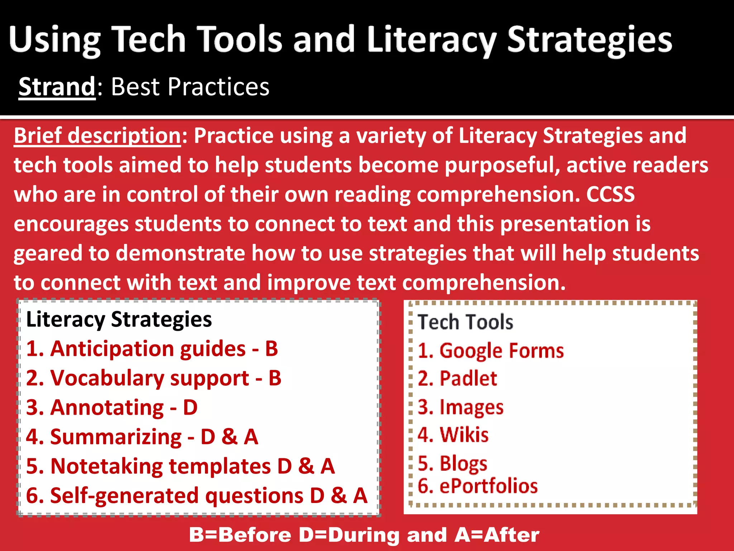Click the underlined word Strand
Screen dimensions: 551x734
tap(57, 87)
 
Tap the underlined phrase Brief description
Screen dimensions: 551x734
tap(97, 136)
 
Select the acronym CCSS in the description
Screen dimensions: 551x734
tap(610, 194)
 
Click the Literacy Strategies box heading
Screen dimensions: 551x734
tap(119, 319)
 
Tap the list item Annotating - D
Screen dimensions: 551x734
tap(112, 408)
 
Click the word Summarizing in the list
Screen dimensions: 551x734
tap(116, 437)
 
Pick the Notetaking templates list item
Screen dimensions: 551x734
tap(161, 466)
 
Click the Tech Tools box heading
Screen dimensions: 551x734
tap(465, 322)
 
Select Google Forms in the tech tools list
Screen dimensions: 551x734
tap(501, 350)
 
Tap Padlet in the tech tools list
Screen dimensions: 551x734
tap(468, 378)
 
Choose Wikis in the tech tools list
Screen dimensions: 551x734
tap(464, 435)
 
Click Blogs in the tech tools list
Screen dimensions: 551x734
tap(463, 463)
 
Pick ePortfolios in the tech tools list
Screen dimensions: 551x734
tap(488, 486)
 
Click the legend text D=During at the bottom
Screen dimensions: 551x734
tap(349, 535)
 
